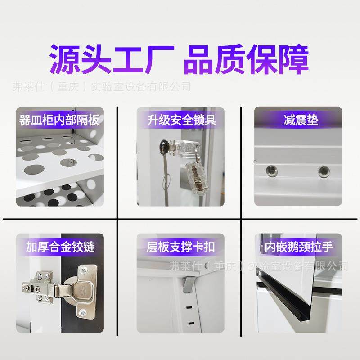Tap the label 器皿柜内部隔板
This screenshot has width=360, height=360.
coord(59,120)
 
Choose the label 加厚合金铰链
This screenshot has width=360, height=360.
coord(59,247)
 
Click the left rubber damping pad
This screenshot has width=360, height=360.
coord(270,170)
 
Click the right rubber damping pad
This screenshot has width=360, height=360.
coord(323,171)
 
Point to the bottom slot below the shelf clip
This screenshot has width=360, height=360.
coord(191,323)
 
